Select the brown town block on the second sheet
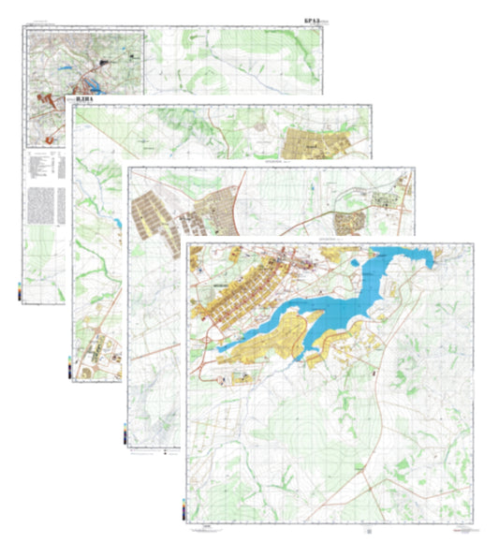click(x=316, y=145)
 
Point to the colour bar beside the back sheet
click(x=21, y=289)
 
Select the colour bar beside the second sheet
click(x=71, y=369)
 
